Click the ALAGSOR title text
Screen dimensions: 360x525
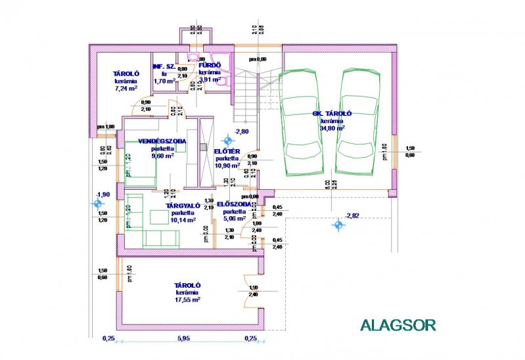coord(398,324)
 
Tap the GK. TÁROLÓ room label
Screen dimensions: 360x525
coord(336,114)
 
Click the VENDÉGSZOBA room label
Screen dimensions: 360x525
coord(162,141)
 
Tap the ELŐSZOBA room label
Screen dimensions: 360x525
coord(234,204)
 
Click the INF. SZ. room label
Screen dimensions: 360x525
coord(164,66)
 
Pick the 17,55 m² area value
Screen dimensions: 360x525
coord(187,299)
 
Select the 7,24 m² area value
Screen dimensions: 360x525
coord(126,87)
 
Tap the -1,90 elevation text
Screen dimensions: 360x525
coord(102,194)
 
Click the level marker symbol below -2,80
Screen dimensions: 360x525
coord(227,141)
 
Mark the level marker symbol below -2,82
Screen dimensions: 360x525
coord(338,225)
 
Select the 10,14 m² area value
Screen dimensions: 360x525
coord(183,221)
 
